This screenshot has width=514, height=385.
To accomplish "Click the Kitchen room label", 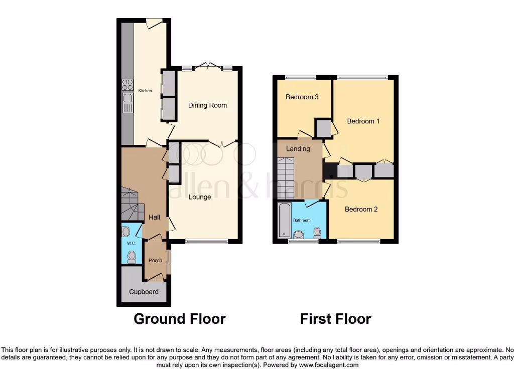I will [x=145, y=91].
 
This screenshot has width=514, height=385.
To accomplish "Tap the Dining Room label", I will [x=207, y=105].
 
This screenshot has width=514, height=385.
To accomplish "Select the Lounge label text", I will [x=200, y=197].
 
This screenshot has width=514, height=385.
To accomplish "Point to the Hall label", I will [x=154, y=217].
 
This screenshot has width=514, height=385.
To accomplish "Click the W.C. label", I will [x=132, y=243].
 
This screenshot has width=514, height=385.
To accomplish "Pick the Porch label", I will [x=156, y=260].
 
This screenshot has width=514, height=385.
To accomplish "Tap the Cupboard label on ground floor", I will [x=144, y=292].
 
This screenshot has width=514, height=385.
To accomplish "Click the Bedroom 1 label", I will [x=363, y=121].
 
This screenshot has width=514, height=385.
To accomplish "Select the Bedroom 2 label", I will [x=361, y=209].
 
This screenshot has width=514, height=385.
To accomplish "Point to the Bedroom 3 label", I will [x=302, y=97].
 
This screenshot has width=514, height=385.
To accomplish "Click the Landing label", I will [x=298, y=149].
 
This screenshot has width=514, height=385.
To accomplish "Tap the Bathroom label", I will [x=302, y=220].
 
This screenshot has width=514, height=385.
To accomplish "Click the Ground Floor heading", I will [x=179, y=319].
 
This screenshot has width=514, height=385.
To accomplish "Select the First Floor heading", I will [x=335, y=319].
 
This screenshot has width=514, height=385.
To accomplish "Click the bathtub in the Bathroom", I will [x=284, y=220].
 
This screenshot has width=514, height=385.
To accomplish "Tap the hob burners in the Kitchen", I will [x=127, y=85].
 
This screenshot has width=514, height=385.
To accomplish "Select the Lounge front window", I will [x=206, y=242].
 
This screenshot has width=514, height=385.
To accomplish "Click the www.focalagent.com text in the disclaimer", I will [x=330, y=365].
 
